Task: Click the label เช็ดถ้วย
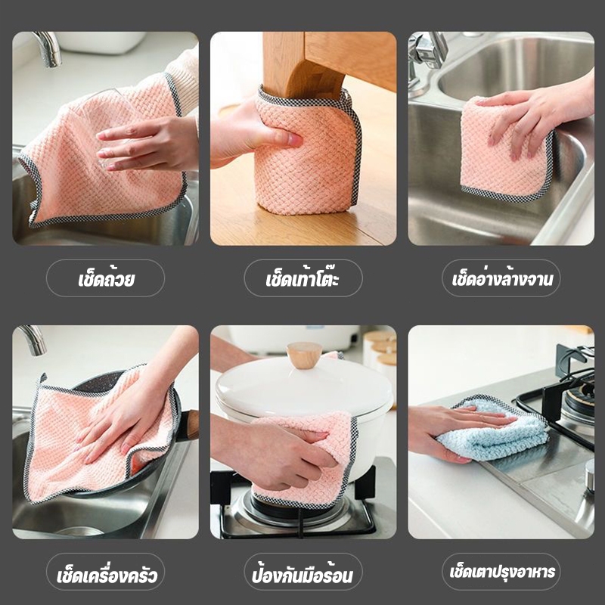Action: click(x=106, y=278)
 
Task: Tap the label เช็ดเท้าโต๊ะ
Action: click(x=303, y=278)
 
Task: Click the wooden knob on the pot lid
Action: click(x=305, y=354)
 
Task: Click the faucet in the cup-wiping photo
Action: click(x=48, y=48)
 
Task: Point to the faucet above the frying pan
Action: click(x=34, y=339)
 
